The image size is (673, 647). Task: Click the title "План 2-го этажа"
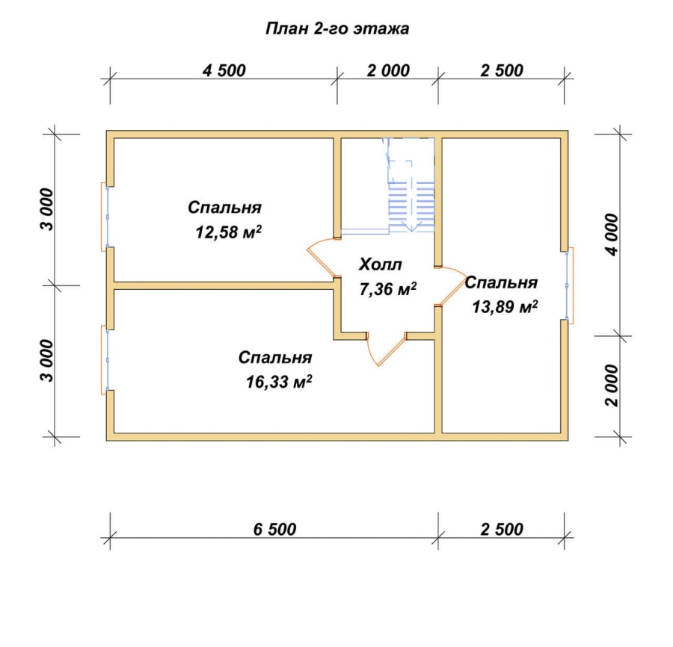click(x=337, y=28)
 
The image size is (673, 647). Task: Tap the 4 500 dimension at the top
click(x=224, y=70)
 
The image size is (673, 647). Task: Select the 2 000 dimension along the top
click(x=388, y=70)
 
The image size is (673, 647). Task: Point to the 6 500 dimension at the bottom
click(x=274, y=529)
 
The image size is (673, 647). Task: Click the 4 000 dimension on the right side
click(x=612, y=235)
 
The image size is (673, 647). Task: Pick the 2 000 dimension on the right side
click(x=612, y=386)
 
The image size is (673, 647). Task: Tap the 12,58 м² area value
click(x=228, y=232)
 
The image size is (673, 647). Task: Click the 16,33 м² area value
click(x=279, y=381)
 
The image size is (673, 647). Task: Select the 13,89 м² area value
click(x=505, y=306)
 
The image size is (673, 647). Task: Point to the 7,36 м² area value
click(x=387, y=289)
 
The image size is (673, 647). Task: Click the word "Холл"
click(x=381, y=264)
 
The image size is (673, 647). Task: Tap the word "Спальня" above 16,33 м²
click(x=275, y=357)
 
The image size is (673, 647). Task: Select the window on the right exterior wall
click(x=569, y=285)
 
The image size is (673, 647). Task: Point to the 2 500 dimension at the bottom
click(x=501, y=529)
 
